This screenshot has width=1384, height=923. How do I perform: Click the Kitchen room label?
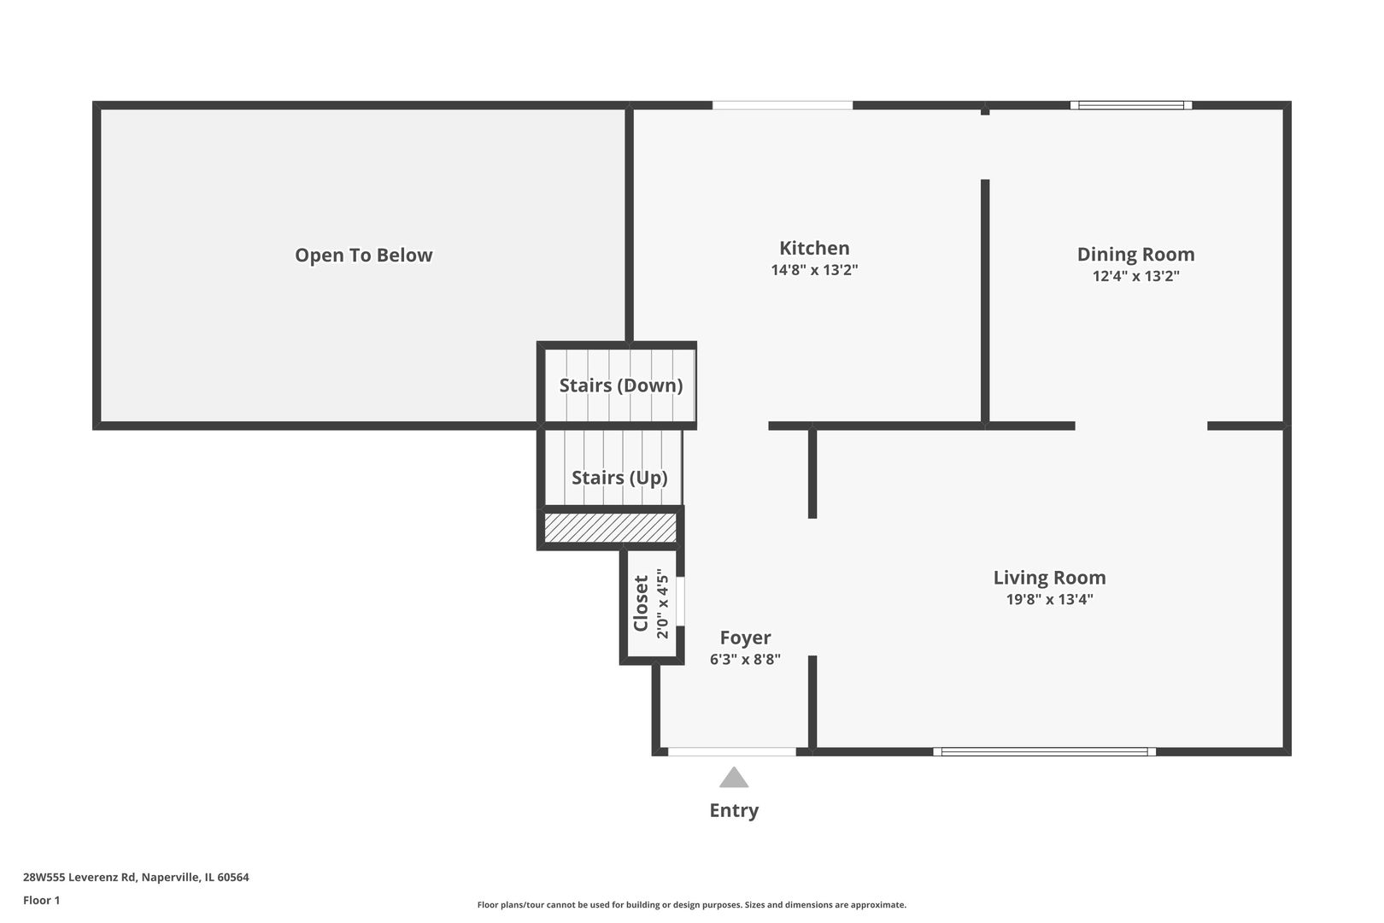[813, 248]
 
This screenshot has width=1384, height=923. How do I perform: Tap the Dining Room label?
[1135, 254]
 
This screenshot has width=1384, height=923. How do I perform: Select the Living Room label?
[1049, 578]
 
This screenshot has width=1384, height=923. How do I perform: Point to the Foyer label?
[745, 638]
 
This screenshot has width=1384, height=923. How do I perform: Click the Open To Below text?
[363, 255]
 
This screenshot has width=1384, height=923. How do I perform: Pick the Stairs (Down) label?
[620, 385]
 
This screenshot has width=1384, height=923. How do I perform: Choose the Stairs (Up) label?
[619, 478]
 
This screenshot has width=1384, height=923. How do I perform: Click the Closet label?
[641, 603]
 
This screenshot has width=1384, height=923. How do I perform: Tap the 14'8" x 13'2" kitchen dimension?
[813, 270]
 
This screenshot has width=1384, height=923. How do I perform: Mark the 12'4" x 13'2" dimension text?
[1135, 276]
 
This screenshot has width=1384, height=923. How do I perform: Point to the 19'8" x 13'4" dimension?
[1049, 599]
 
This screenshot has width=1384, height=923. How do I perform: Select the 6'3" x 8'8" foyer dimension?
[745, 660]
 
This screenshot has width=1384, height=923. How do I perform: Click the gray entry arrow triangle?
[734, 778]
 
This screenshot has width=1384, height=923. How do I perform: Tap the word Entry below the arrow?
[734, 810]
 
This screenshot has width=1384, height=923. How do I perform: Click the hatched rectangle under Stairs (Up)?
[610, 527]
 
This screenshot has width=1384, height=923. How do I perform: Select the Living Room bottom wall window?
[1044, 752]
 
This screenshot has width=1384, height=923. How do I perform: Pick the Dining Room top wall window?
[1131, 105]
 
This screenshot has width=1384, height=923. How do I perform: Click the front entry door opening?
[731, 752]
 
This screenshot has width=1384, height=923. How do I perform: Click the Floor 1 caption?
[41, 900]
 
